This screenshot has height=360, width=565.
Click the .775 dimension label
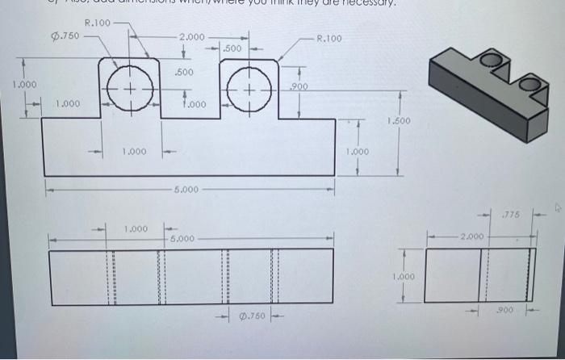(x=510, y=215)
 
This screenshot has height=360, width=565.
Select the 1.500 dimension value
(x=399, y=122)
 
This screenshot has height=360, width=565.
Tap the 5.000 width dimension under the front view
(x=185, y=190)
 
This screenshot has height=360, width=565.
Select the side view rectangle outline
(x=481, y=274)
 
